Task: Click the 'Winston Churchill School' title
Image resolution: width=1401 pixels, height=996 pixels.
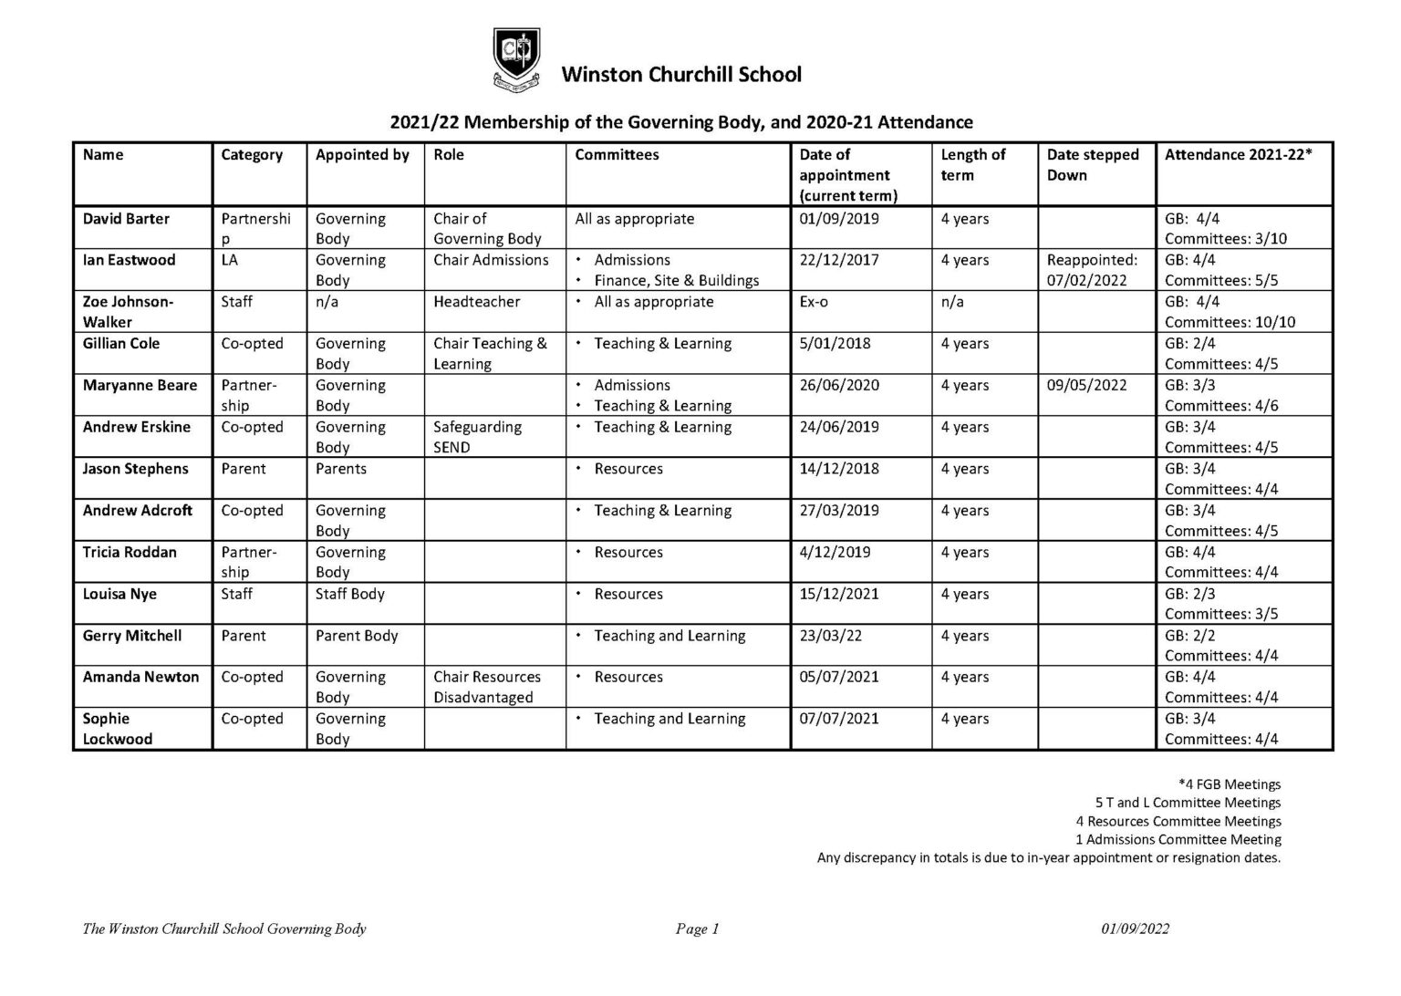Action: pyautogui.click(x=680, y=75)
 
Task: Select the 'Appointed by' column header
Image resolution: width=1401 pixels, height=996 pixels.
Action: pyautogui.click(x=362, y=155)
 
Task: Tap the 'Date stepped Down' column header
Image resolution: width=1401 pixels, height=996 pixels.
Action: pyautogui.click(x=1092, y=165)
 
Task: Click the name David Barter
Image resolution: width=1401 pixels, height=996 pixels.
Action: pyautogui.click(x=126, y=219)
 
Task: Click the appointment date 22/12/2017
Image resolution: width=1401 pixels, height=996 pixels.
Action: pyautogui.click(x=839, y=260)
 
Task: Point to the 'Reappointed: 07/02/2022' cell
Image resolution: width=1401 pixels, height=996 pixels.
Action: pyautogui.click(x=1092, y=270)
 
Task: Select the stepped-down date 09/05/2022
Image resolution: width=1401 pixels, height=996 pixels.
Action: pyautogui.click(x=1086, y=385)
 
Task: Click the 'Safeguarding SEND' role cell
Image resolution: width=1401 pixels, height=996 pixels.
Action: pyautogui.click(x=477, y=437)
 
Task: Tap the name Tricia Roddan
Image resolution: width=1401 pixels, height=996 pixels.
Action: pyautogui.click(x=130, y=552)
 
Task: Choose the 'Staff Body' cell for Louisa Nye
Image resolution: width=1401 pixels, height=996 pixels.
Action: pyautogui.click(x=350, y=594)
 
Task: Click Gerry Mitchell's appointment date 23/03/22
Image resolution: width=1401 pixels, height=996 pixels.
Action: pyautogui.click(x=830, y=636)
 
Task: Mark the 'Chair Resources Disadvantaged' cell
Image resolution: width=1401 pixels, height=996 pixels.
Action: pyautogui.click(x=486, y=687)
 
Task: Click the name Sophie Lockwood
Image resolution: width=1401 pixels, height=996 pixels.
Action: pyautogui.click(x=117, y=729)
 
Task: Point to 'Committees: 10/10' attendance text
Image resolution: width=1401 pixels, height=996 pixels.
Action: pyautogui.click(x=1230, y=322)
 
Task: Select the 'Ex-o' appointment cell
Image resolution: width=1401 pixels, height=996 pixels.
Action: pyautogui.click(x=814, y=302)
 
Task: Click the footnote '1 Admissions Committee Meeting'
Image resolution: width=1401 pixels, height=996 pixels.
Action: pyautogui.click(x=1178, y=839)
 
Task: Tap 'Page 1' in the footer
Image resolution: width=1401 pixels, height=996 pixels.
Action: pyautogui.click(x=698, y=929)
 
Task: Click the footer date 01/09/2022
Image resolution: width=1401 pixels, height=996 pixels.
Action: pyautogui.click(x=1135, y=929)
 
